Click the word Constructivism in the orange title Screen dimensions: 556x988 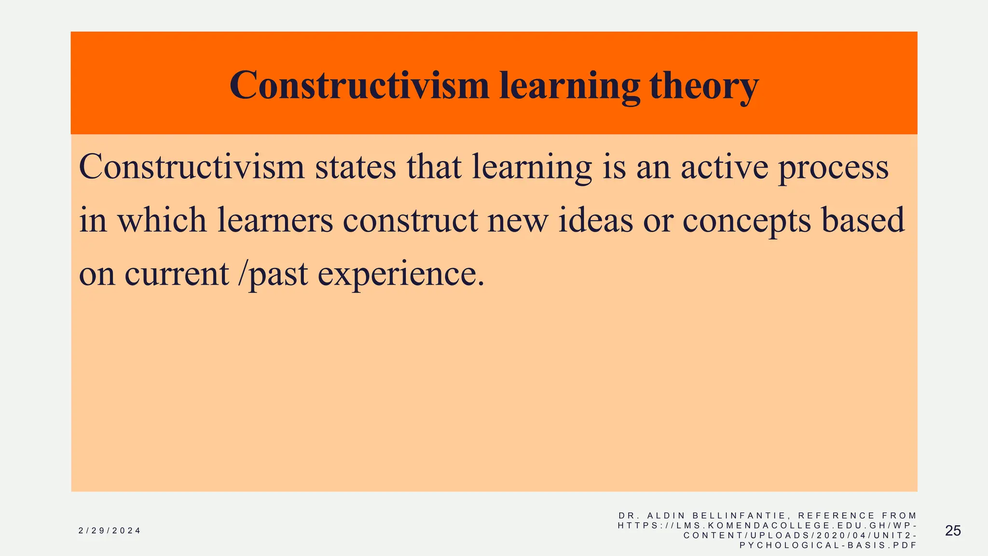click(359, 85)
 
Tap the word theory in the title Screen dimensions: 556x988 click(704, 85)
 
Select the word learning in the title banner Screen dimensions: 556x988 click(570, 85)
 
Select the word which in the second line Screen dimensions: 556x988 click(162, 220)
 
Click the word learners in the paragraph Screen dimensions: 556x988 click(275, 220)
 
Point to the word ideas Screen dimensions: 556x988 click(596, 220)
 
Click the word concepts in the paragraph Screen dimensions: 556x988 click(746, 220)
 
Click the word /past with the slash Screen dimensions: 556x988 click(273, 274)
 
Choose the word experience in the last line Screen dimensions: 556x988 click(400, 274)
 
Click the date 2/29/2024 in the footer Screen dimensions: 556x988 click(110, 531)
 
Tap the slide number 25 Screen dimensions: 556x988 click(953, 531)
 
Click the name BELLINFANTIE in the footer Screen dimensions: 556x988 click(739, 516)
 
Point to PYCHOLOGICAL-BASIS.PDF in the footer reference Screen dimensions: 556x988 click(828, 545)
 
